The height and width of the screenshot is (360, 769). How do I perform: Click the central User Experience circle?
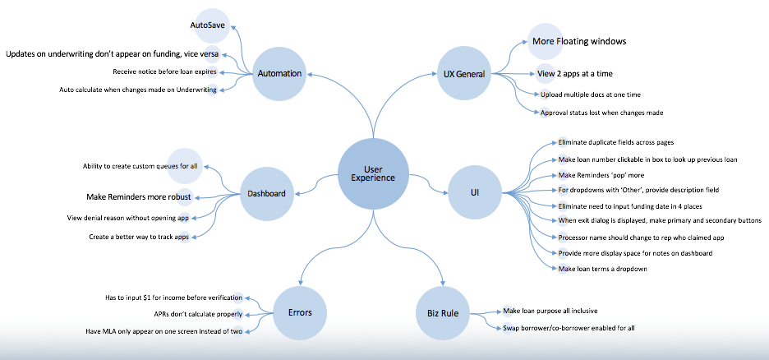pos(373,173)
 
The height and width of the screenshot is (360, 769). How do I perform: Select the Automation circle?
pos(279,74)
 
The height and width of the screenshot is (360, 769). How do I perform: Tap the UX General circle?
pos(464,74)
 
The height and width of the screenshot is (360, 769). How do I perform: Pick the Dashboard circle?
pos(267,193)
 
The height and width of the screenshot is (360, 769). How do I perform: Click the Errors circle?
pos(300,312)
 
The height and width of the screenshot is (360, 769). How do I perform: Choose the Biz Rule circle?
pos(444,312)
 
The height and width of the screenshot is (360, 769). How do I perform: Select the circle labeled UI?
pos(474,193)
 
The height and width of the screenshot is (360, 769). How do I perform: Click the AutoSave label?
pos(208,25)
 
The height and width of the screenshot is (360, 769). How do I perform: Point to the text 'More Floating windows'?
pos(579,41)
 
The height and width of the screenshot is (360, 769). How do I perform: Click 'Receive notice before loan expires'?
pos(165,72)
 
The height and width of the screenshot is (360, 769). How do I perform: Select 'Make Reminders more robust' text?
pos(139,197)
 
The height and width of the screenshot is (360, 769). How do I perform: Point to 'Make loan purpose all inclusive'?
pos(550,311)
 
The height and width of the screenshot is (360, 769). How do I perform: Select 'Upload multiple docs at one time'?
pos(591,95)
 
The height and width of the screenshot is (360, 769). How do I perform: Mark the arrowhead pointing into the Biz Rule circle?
pos(444,283)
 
